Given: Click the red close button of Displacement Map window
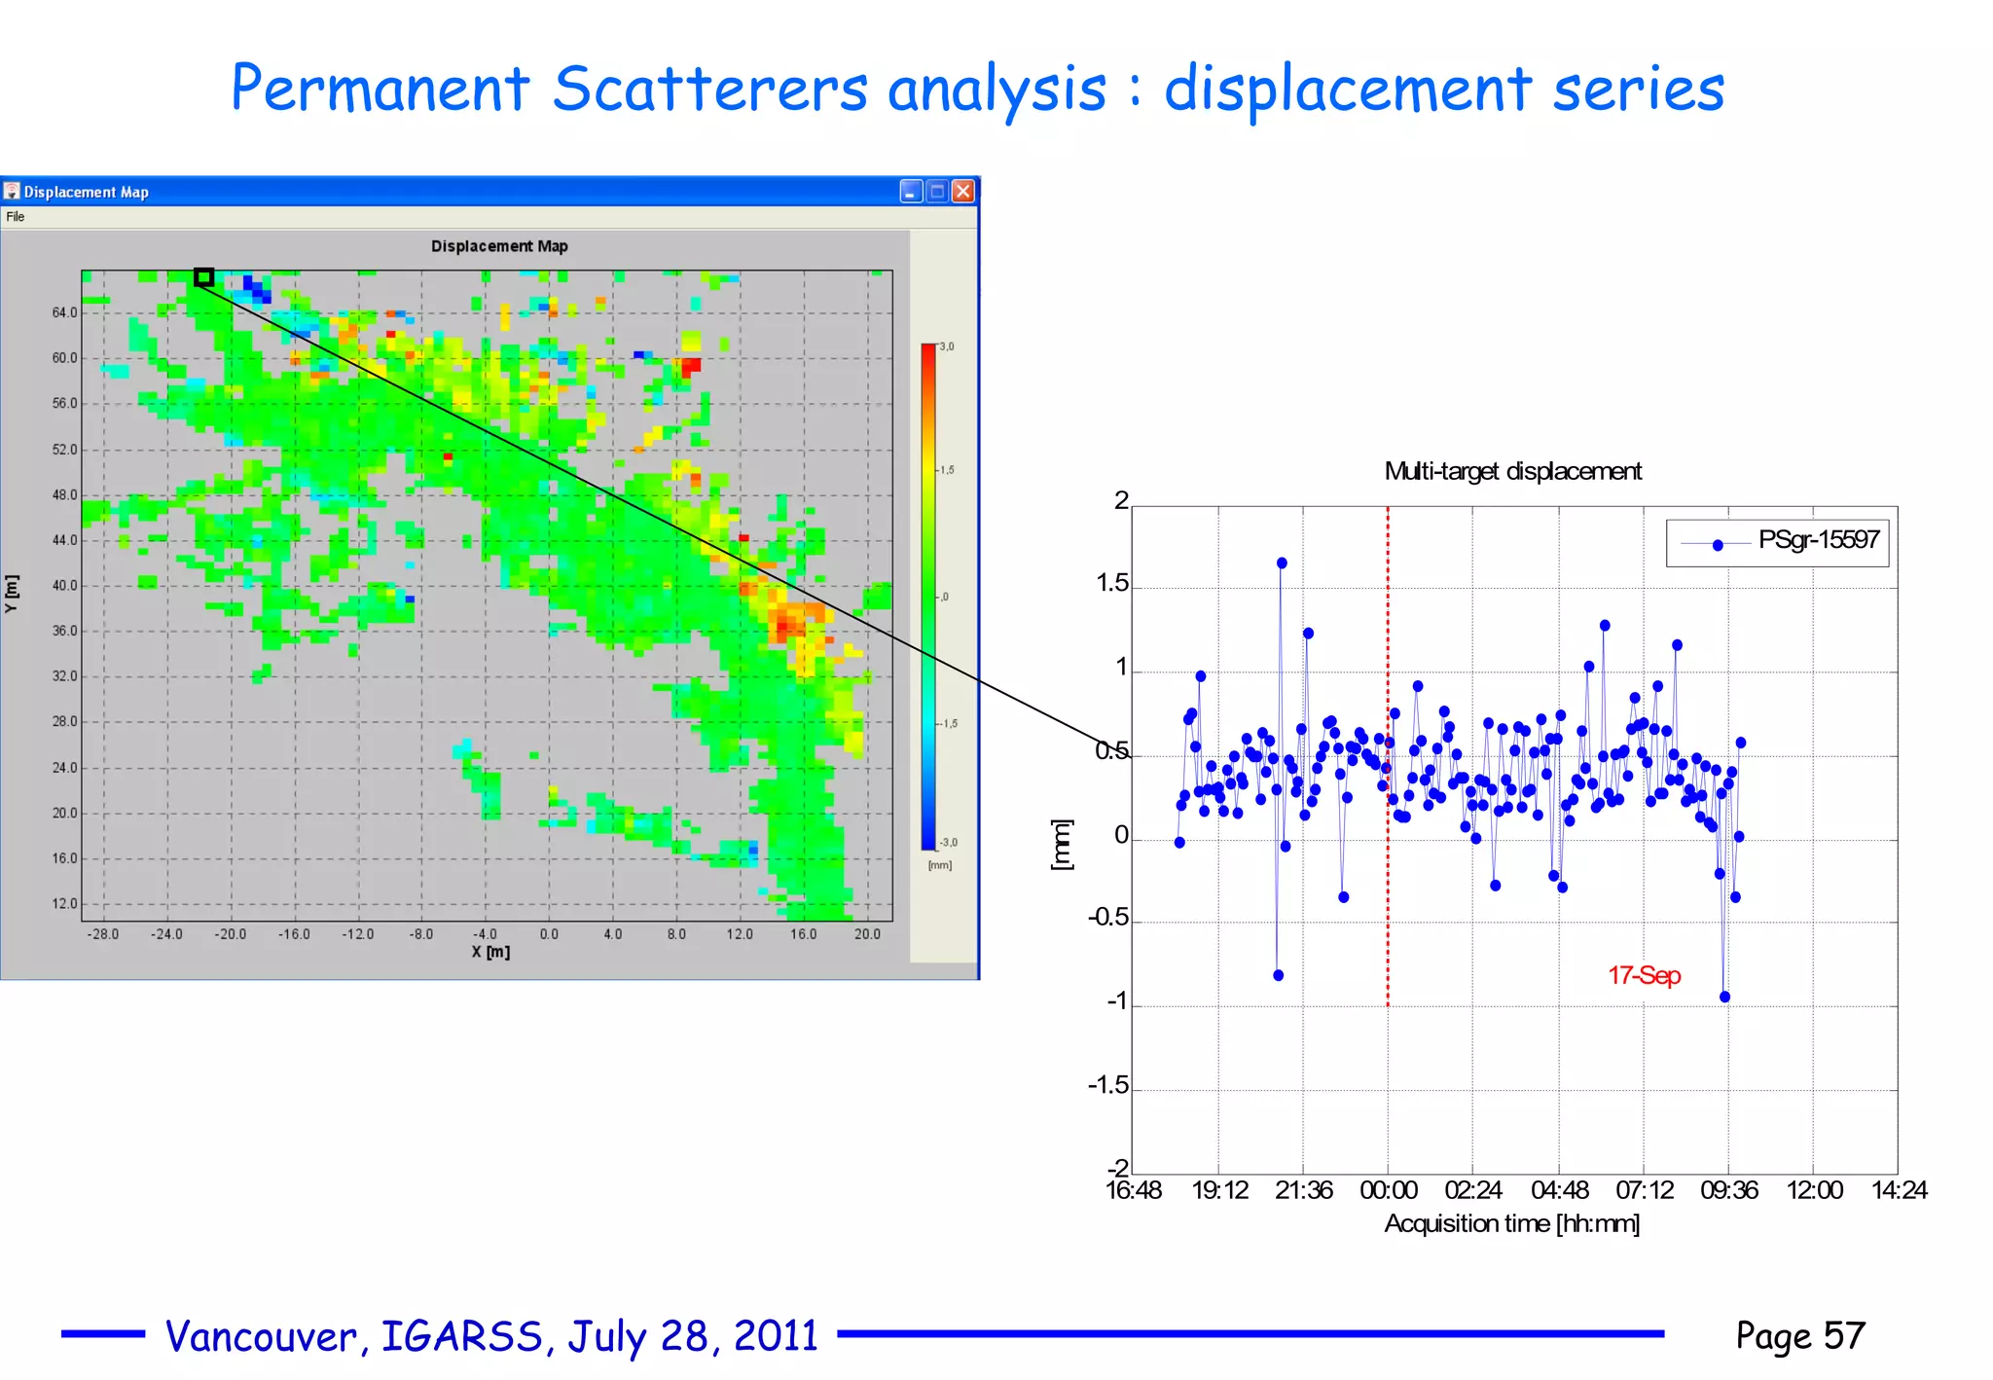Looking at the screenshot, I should click(x=962, y=192).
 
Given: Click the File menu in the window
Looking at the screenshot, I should click(x=16, y=217).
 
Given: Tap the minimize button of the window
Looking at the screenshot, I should click(x=911, y=192).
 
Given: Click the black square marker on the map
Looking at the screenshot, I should click(x=203, y=278).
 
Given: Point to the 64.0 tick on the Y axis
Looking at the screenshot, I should click(x=64, y=312).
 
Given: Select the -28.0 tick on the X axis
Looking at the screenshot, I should click(x=103, y=934).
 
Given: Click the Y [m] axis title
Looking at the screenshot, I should click(x=12, y=594).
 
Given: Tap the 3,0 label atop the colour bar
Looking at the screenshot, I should click(x=947, y=346).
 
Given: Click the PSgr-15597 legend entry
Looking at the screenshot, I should click(x=1817, y=540).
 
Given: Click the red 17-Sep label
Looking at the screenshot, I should click(x=1644, y=975).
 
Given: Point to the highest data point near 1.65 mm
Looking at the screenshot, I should click(x=1282, y=563).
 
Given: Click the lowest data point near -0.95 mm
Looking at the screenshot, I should click(x=1724, y=997).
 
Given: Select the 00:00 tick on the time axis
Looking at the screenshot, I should click(x=1388, y=1190).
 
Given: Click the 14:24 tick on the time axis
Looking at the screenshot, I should click(x=1899, y=1190).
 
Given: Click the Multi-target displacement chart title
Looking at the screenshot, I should click(x=1512, y=472).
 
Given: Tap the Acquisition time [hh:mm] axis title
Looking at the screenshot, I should click(x=1511, y=1223).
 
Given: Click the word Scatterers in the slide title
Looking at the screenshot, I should click(x=709, y=90).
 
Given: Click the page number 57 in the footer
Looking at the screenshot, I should click(x=1844, y=1335).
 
